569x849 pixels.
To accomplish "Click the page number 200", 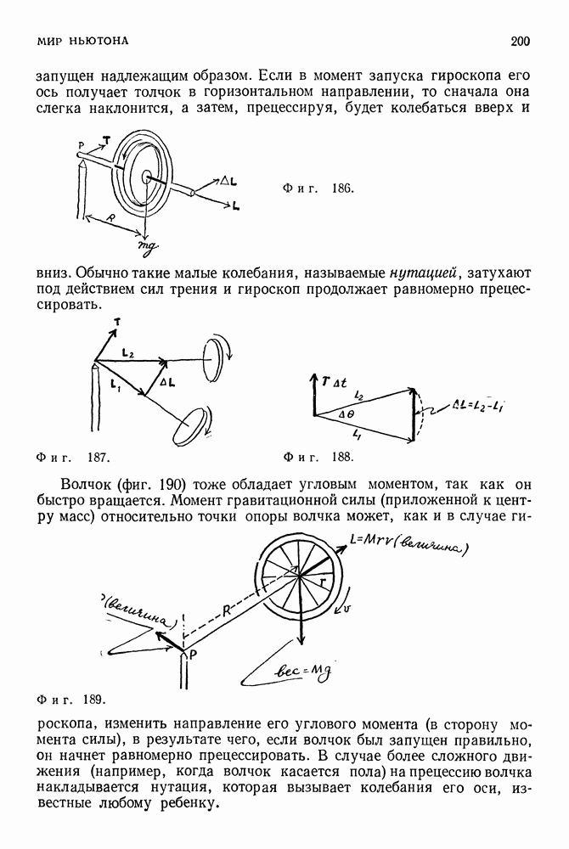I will (521, 40).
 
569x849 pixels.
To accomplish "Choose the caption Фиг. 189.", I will (70, 700).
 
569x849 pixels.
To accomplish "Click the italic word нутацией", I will (425, 273).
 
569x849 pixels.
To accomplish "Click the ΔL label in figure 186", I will (228, 181).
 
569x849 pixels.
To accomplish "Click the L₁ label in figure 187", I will (115, 387).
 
